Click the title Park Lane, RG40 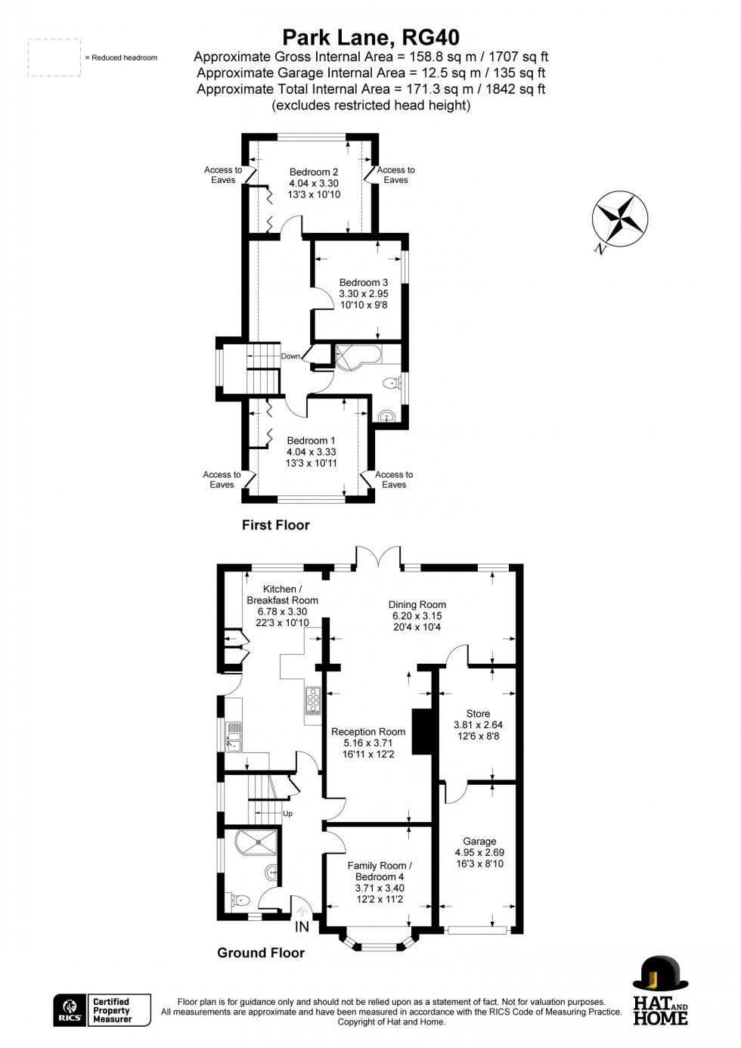click(x=370, y=37)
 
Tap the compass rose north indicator click(x=619, y=219)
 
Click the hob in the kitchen click(x=313, y=701)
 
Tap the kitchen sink click(x=234, y=737)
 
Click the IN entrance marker click(x=302, y=927)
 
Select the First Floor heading click(x=275, y=525)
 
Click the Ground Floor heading click(x=261, y=953)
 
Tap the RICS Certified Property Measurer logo click(x=102, y=1010)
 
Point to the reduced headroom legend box click(x=54, y=57)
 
